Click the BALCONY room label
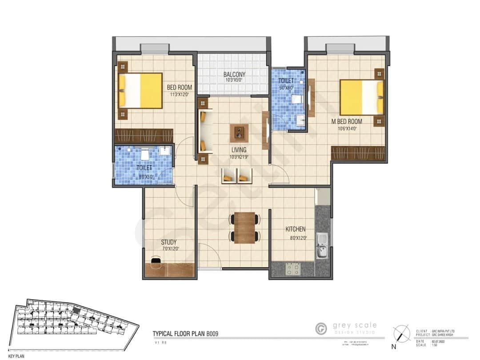pyautogui.click(x=234, y=74)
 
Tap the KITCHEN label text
pyautogui.click(x=295, y=229)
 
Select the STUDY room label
pyautogui.click(x=169, y=242)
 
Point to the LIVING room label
pyautogui.click(x=238, y=150)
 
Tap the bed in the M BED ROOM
pyautogui.click(x=362, y=98)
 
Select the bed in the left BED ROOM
pyautogui.click(x=140, y=91)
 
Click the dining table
pyautogui.click(x=244, y=228)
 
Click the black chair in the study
pyautogui.click(x=156, y=263)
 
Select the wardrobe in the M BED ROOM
pyautogui.click(x=358, y=153)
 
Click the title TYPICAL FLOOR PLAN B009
pyautogui.click(x=185, y=333)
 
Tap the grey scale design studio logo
pyautogui.click(x=321, y=329)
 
